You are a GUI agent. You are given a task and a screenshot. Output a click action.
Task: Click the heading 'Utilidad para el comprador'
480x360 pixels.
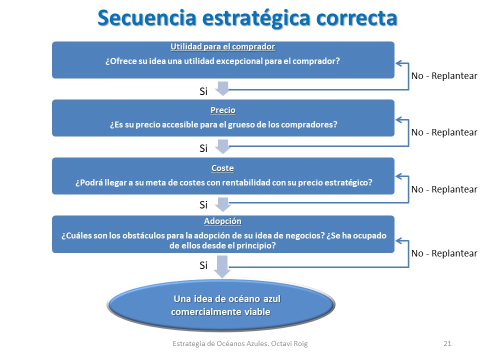[222, 46]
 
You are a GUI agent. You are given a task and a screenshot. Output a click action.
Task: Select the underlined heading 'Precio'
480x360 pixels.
[223, 110]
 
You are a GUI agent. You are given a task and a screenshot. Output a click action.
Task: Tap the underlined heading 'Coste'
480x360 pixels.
[222, 168]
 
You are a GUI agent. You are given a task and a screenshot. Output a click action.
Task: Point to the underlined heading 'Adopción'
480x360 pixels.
[222, 221]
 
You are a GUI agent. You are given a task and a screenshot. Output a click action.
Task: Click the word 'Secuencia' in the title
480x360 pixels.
[146, 18]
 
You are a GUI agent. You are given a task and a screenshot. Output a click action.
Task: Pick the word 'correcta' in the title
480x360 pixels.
[356, 18]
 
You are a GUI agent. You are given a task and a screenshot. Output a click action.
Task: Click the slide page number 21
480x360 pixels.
[447, 343]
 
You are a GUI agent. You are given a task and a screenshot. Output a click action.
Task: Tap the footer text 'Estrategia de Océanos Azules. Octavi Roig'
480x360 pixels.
[240, 343]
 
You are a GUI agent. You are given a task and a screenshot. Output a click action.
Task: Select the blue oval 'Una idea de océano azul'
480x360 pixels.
[221, 305]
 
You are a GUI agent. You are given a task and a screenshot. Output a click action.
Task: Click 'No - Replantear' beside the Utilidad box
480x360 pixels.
[444, 75]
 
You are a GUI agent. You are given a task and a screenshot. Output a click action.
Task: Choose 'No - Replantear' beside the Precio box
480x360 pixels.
[444, 132]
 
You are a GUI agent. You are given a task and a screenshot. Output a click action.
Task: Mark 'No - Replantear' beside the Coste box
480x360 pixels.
[444, 189]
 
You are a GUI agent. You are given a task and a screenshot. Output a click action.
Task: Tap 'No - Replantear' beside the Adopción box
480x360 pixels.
[444, 253]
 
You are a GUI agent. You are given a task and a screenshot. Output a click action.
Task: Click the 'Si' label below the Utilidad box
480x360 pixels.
[203, 91]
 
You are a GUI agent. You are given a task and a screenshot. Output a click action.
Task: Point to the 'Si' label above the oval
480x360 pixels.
[203, 265]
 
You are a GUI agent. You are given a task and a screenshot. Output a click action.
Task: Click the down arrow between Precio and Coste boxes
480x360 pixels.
[222, 146]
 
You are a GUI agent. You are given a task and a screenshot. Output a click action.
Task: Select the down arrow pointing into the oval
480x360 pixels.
[222, 267]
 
